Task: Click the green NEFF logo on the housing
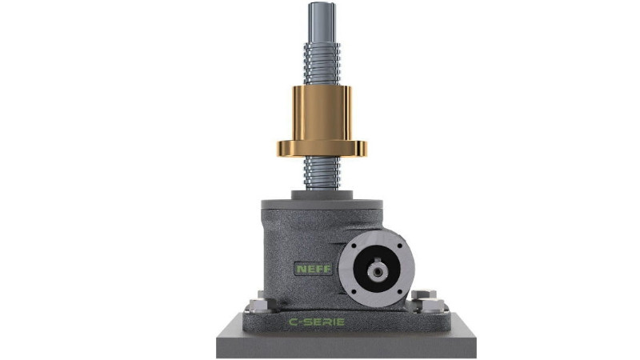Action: tap(314, 269)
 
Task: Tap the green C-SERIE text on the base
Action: tap(317, 322)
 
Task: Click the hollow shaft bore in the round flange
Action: tap(375, 270)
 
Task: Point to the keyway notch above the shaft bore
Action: tap(377, 261)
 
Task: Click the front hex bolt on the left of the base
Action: tap(258, 305)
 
